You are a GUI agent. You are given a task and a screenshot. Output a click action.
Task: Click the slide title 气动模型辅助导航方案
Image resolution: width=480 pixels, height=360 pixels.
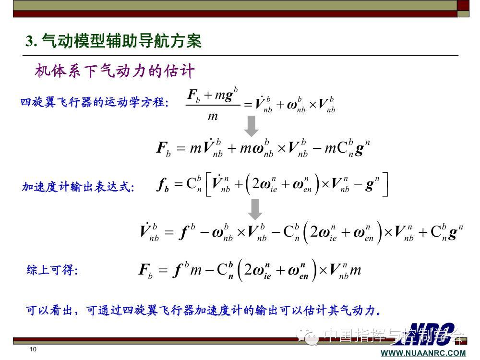(122, 41)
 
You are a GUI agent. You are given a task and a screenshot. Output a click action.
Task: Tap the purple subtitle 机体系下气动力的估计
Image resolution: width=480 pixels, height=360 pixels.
(115, 71)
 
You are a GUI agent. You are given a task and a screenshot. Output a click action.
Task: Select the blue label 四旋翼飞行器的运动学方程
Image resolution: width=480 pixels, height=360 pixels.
(94, 102)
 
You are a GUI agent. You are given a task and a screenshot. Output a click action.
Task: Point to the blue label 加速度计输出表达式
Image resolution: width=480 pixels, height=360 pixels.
(78, 186)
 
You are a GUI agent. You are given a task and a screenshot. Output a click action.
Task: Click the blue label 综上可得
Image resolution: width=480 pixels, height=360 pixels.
(52, 270)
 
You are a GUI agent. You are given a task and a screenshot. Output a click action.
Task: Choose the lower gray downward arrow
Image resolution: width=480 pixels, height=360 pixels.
(255, 210)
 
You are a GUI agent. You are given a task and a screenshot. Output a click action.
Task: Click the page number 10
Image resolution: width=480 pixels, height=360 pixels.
(33, 349)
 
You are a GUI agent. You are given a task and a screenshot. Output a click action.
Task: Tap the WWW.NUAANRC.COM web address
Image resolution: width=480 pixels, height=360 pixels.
(423, 353)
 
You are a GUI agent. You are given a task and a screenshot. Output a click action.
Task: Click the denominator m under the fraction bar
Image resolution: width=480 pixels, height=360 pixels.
(213, 116)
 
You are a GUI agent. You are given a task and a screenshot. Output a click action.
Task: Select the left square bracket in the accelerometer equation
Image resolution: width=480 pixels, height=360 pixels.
(208, 184)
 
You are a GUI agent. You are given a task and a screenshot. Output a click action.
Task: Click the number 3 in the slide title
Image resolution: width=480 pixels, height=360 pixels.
(30, 41)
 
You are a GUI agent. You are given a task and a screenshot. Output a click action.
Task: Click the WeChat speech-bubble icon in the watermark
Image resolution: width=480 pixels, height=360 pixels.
(307, 337)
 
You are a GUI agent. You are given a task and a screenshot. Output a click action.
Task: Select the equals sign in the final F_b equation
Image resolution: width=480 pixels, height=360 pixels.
(163, 270)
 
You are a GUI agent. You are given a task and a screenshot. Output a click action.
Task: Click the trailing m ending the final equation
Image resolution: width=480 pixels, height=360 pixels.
(355, 270)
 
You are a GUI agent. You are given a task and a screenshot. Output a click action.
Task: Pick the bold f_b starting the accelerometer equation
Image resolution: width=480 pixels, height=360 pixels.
(163, 185)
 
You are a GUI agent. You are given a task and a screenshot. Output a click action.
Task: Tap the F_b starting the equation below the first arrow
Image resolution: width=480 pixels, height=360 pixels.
(164, 148)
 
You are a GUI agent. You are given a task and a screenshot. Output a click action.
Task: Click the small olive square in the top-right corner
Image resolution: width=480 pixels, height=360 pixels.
(463, 14)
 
